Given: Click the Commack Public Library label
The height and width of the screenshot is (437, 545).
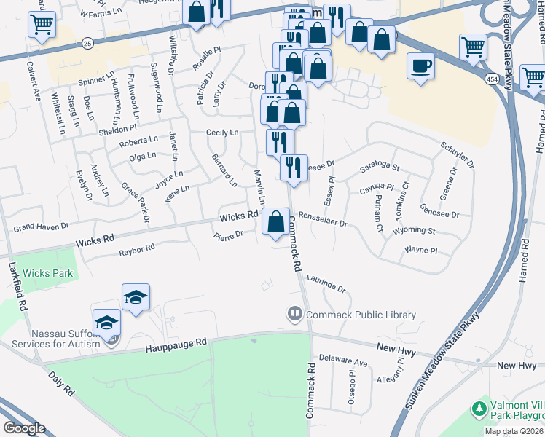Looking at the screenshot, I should tap(361, 315).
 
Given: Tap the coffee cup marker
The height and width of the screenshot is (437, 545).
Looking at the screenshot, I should tap(420, 67).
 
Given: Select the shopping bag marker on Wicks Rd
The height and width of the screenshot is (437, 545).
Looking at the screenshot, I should tap(275, 221).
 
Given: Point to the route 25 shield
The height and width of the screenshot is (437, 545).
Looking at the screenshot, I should tap(87, 44).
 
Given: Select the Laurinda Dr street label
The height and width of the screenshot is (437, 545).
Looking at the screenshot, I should tap(325, 283).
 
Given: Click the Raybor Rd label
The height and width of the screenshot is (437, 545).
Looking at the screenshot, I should tap(137, 248).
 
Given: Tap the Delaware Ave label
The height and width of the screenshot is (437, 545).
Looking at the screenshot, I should tap(344, 361).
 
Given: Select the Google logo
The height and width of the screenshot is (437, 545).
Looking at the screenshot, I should tap(25, 428).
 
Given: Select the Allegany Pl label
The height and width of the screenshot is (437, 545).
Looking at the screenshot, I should tap(375, 380).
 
